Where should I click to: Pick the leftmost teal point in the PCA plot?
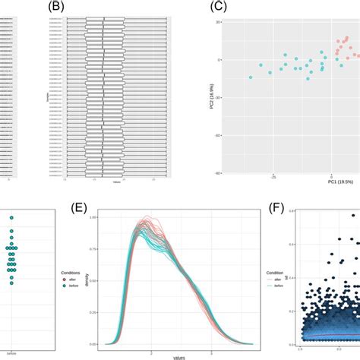tap(250, 77)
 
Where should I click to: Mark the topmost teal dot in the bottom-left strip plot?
tap(12, 219)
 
